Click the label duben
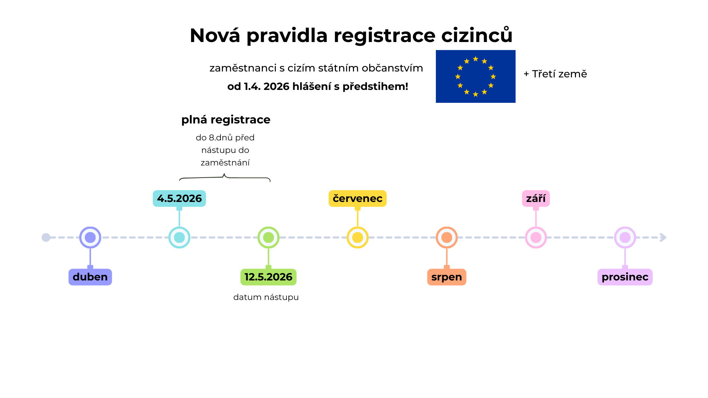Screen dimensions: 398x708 click(x=90, y=277)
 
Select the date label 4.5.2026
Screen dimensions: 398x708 click(x=179, y=198)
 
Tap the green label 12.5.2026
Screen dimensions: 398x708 click(x=268, y=277)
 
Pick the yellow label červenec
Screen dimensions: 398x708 click(x=357, y=198)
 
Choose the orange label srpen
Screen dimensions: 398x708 click(x=447, y=277)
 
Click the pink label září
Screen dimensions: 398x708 click(x=536, y=198)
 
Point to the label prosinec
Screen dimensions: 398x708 click(x=625, y=277)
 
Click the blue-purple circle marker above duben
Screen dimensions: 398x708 click(x=90, y=237)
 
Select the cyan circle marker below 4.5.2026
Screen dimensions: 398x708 click(x=179, y=237)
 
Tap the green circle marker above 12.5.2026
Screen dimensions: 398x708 click(x=268, y=237)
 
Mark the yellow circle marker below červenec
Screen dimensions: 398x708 click(x=357, y=237)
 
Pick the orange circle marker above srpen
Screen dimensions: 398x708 click(x=447, y=237)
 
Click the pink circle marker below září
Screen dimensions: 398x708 click(x=536, y=237)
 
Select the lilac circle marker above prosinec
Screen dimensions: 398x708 click(x=625, y=237)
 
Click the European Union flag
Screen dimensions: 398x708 click(x=476, y=76)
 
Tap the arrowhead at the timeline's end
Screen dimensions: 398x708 click(x=663, y=237)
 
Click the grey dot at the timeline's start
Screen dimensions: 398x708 click(x=46, y=237)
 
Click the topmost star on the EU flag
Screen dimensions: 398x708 click(x=476, y=59)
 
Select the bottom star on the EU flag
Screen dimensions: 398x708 click(x=476, y=94)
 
